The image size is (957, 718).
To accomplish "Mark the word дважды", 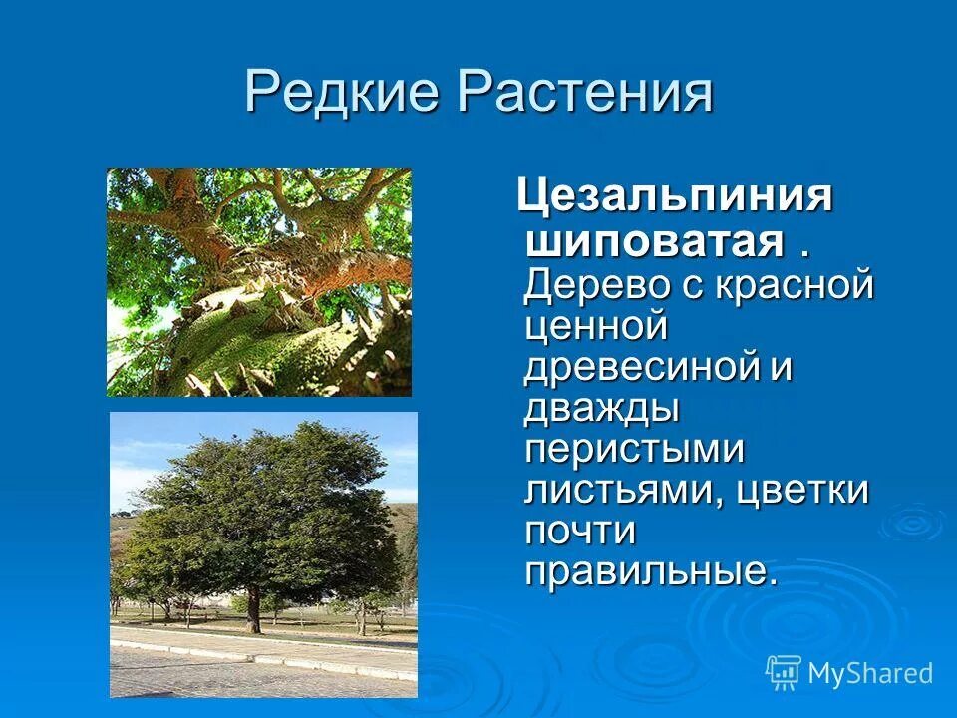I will tap(602, 408).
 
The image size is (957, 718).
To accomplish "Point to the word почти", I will tap(580, 531).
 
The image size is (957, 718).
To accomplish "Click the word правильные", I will tap(648, 571).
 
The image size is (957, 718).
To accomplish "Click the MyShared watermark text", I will tap(870, 673).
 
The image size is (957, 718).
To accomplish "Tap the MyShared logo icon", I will tap(784, 672).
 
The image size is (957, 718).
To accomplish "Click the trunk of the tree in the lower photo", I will tap(253, 608).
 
